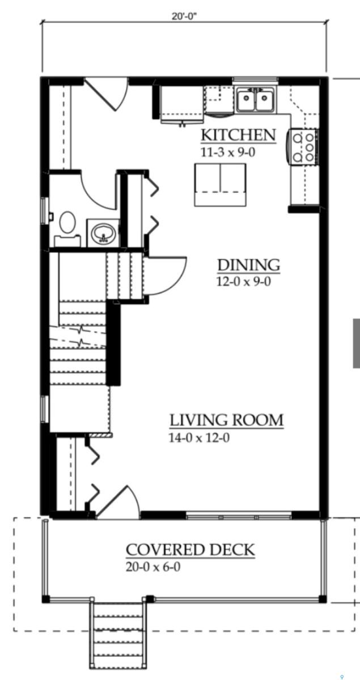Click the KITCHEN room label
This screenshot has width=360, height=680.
pos(239,135)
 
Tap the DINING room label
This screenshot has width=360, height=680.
pos(248,265)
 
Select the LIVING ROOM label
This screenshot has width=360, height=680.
pos(226,420)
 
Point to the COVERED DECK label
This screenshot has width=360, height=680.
pos(190,550)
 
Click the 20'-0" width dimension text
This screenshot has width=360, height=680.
pos(184,16)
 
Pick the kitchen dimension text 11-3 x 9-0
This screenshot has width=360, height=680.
pos(228,152)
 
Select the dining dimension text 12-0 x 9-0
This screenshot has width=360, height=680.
pos(243,282)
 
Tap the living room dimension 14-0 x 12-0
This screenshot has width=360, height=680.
pos(199,437)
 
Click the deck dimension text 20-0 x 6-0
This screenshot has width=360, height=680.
pos(153,567)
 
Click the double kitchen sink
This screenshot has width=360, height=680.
pos(256,99)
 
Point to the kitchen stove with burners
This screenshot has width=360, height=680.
pos(303,147)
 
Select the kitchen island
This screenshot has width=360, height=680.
pos(220,185)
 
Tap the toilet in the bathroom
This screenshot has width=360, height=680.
pos(67,228)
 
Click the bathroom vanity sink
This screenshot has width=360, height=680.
pos(103,233)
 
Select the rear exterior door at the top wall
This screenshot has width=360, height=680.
pos(107,93)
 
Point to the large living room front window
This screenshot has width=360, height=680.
pos(239,515)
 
